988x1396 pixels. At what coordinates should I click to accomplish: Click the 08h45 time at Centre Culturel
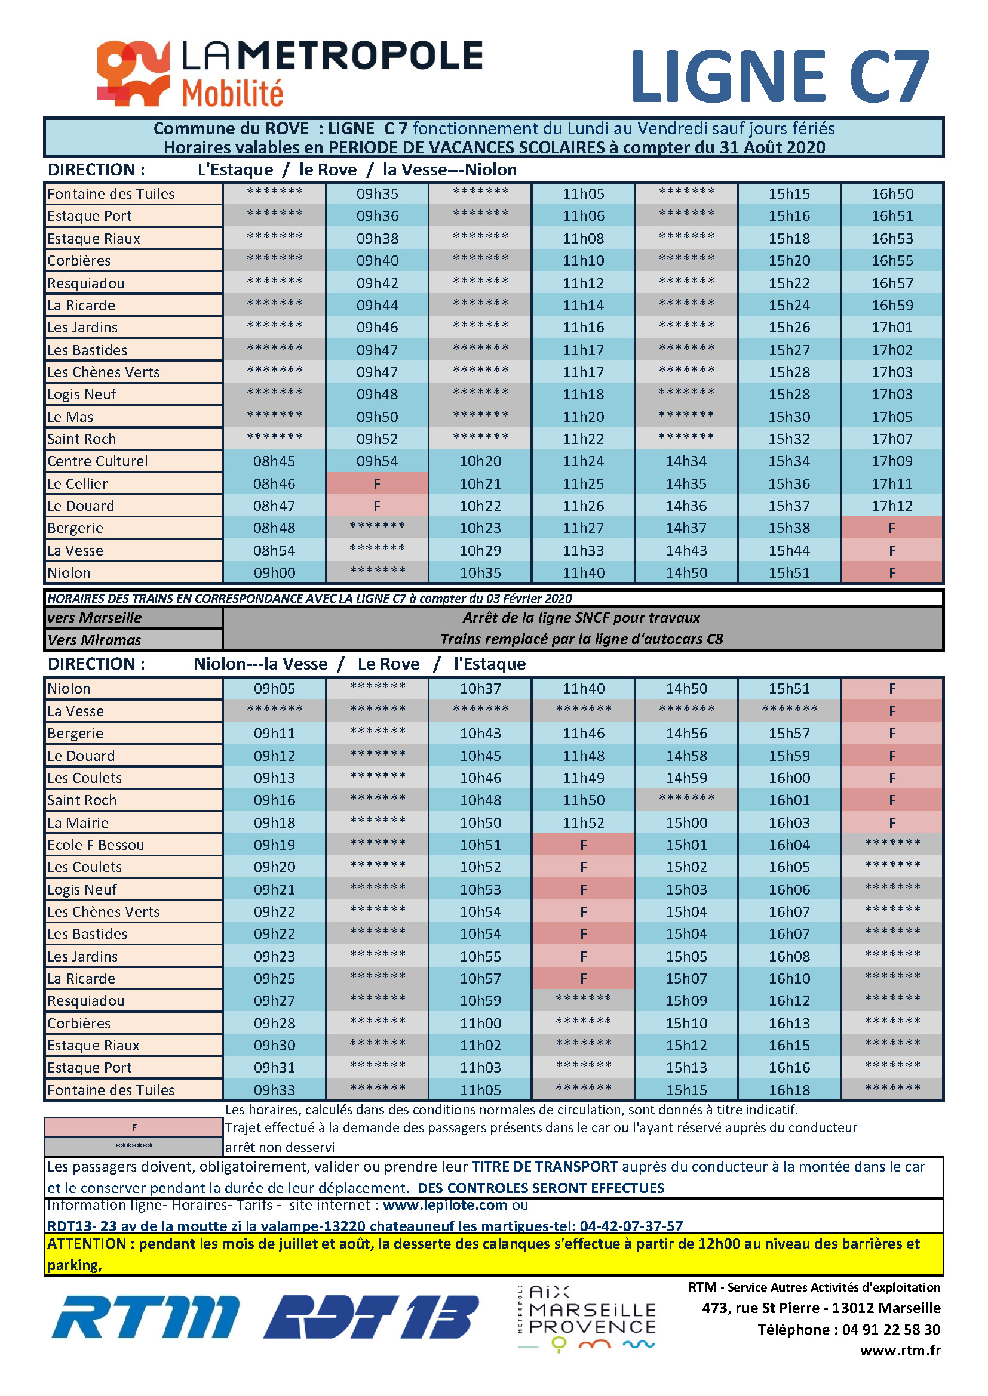coord(274,461)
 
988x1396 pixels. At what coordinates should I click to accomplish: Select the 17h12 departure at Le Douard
coord(892,506)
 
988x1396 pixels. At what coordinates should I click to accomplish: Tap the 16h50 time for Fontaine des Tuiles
coord(892,194)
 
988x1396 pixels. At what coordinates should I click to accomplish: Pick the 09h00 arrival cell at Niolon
coord(274,573)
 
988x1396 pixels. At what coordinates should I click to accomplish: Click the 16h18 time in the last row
coord(789,1090)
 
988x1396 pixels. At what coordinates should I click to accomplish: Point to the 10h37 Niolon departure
coord(480,689)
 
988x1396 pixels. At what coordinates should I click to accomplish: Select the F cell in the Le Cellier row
coord(377,484)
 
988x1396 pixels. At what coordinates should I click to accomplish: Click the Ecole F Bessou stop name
coord(96,845)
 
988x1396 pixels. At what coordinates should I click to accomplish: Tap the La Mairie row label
coord(78,822)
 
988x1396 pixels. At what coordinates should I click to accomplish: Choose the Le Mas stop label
coord(70,417)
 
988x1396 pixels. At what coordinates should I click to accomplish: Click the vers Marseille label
coord(94,618)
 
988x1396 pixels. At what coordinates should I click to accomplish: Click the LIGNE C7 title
coord(781,76)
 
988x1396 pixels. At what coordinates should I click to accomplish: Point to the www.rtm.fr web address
coord(900,1351)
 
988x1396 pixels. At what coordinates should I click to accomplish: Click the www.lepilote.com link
coord(445,1205)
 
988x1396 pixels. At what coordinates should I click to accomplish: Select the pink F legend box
coord(134,1128)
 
